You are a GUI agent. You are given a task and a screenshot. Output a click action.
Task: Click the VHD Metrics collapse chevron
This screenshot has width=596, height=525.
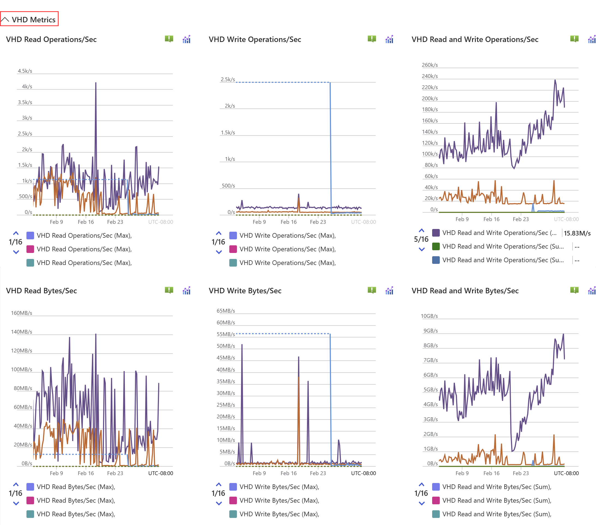(x=5, y=20)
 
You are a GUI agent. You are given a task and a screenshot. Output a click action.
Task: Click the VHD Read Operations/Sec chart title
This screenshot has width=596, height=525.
(x=51, y=39)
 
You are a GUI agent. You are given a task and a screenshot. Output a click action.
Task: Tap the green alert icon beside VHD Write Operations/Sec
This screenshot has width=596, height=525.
(x=372, y=39)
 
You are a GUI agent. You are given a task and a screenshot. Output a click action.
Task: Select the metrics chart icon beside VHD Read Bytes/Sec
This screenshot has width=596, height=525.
(x=186, y=290)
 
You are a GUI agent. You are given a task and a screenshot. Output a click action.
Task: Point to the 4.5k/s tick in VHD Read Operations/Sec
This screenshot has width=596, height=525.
(x=25, y=71)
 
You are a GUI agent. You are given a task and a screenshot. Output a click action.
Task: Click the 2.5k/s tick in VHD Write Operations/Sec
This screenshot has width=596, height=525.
(x=228, y=79)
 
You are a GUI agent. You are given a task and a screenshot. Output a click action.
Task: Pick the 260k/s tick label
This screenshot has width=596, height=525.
(x=429, y=65)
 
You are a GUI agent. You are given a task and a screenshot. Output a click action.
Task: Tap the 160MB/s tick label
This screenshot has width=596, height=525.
(x=22, y=313)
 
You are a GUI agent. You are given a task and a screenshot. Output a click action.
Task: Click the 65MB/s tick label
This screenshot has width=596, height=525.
(x=226, y=311)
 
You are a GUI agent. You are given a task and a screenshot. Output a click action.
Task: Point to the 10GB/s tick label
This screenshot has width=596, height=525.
(x=429, y=316)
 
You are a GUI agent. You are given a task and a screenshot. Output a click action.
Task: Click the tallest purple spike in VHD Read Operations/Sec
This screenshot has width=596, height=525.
(x=96, y=83)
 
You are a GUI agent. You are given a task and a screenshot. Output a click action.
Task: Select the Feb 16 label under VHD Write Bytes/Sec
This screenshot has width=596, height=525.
(x=288, y=473)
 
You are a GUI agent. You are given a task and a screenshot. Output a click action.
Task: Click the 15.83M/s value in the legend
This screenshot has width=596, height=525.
(x=577, y=233)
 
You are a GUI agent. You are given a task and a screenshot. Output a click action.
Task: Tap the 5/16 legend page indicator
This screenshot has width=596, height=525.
(x=421, y=239)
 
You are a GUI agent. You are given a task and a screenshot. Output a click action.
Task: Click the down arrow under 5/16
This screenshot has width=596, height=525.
(x=422, y=249)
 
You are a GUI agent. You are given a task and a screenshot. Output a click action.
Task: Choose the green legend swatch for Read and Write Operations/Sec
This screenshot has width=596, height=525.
(x=436, y=246)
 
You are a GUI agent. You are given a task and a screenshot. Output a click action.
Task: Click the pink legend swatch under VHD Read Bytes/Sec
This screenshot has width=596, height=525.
(x=30, y=500)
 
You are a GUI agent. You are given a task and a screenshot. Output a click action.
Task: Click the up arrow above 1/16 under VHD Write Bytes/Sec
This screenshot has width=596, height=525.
(x=219, y=484)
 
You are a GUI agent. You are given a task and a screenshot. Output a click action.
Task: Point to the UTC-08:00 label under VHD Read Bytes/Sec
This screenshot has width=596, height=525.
(x=160, y=473)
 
